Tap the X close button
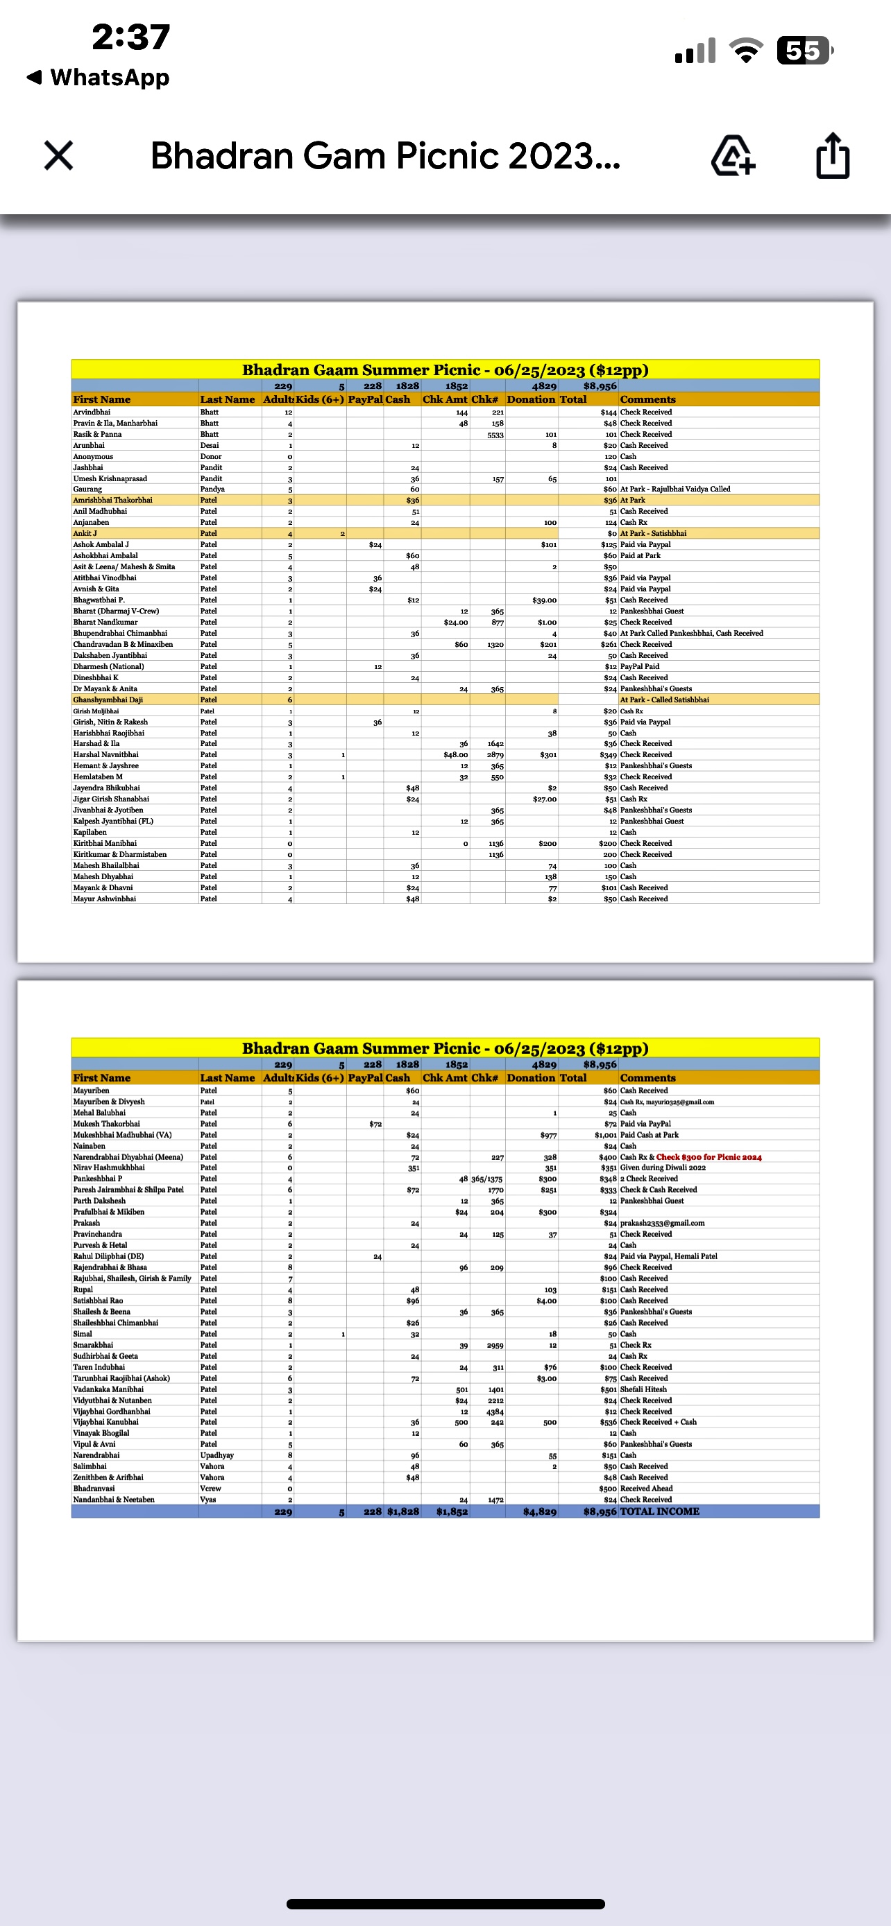pos(58,155)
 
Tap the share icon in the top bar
pos(832,155)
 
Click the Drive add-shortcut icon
pos(732,155)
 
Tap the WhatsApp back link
pos(99,77)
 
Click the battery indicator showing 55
pos(804,51)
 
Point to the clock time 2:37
pos(131,37)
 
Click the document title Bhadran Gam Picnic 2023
pos(385,155)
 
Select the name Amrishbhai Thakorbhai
pos(112,500)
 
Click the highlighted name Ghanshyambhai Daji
pos(108,700)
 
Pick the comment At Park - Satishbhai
pos(652,533)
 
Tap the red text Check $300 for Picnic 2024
pos(708,1156)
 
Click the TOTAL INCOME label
pos(659,1511)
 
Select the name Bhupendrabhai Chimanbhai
pos(119,633)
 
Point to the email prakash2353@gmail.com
pos(661,1223)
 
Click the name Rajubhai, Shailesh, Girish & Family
pos(132,1278)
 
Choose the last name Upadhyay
pos(217,1455)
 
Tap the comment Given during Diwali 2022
pos(662,1168)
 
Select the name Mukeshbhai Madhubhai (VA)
pos(122,1135)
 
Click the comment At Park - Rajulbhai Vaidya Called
pos(674,489)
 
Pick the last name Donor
pos(210,456)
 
